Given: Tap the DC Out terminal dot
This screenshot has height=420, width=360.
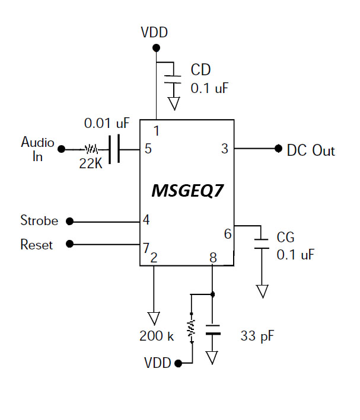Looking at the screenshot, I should (278, 149).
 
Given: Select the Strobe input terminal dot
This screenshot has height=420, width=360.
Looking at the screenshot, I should (69, 221).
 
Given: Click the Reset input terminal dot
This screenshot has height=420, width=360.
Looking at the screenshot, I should (69, 243).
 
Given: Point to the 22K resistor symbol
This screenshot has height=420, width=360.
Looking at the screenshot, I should (91, 149).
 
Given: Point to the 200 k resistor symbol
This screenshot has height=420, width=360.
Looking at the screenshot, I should (192, 329).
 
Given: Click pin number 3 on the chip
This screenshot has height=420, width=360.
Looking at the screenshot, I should (224, 149).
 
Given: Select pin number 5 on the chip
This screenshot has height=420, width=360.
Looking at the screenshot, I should (148, 149).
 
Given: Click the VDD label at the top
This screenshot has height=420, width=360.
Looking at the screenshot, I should (154, 32).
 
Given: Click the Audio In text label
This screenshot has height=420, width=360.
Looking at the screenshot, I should (37, 149).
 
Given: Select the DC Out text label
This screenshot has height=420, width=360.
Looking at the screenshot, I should (311, 150).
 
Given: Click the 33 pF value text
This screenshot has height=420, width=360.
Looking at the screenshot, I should (256, 336).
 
